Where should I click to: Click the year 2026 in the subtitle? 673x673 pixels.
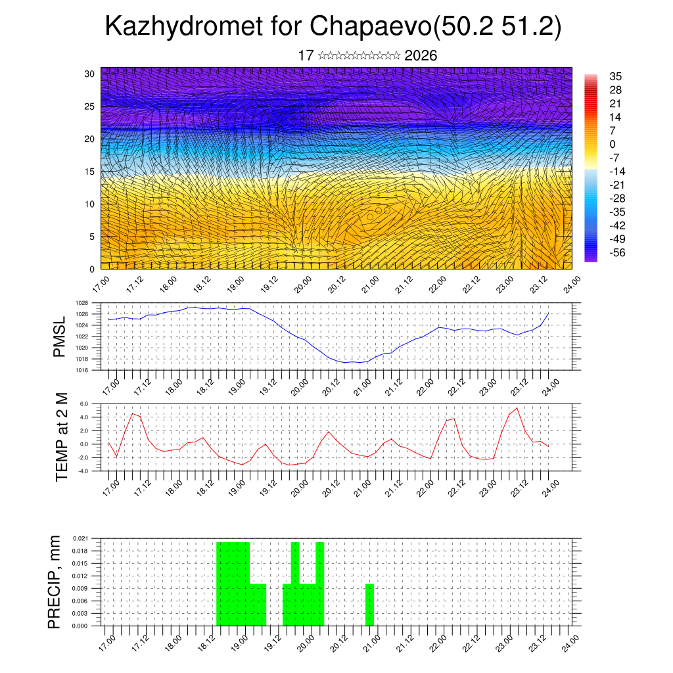point(421,56)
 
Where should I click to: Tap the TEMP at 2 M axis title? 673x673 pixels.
point(62,436)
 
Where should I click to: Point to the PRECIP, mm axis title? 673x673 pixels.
point(55,582)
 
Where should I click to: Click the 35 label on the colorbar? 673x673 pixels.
point(616,76)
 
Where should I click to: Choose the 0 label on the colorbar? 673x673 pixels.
point(613,144)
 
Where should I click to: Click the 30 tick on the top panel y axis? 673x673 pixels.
point(89,74)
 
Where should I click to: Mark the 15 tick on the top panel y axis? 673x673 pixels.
point(89,172)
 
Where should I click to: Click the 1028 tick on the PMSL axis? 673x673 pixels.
point(81,303)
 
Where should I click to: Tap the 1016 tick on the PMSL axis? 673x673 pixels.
point(81,370)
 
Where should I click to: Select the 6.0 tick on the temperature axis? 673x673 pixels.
point(83,404)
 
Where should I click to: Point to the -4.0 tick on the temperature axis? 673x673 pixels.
point(83,471)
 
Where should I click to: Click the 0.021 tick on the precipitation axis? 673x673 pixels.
point(80,538)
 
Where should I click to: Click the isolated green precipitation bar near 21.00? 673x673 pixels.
point(369,605)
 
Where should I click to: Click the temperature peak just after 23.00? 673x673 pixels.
point(517,408)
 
